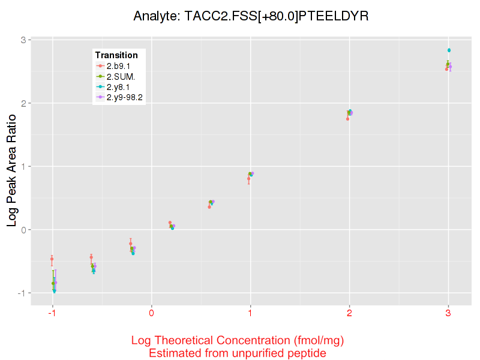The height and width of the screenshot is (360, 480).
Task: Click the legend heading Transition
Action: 116,55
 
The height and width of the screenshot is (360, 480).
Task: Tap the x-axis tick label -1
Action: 52,313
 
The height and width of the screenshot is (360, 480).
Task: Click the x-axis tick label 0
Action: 152,313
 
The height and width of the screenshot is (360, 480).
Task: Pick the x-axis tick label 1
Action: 250,313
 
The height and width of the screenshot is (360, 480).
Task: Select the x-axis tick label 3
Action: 448,313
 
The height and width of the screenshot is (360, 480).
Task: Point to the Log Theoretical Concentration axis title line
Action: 237,341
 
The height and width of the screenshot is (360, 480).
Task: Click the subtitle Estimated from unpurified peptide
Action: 237,353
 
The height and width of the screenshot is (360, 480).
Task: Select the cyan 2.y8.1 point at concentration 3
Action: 449,50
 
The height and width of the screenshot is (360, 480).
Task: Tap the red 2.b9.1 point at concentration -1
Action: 52,259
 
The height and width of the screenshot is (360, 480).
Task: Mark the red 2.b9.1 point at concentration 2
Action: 347,119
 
